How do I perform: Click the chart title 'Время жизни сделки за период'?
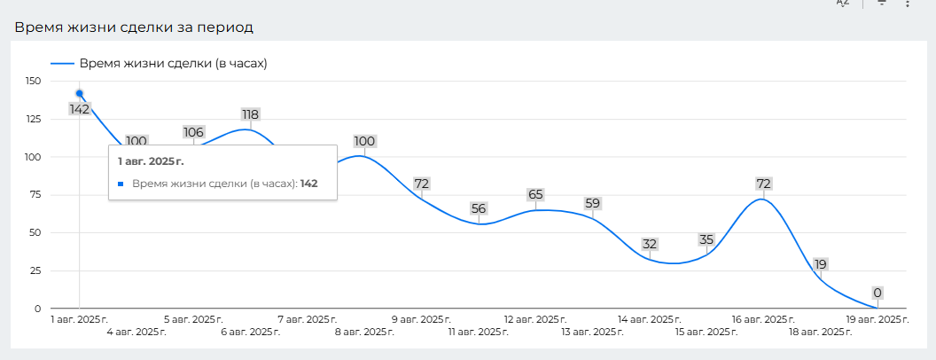tap(133, 27)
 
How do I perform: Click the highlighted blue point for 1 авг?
tap(80, 93)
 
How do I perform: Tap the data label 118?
tap(250, 114)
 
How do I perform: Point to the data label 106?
tap(193, 132)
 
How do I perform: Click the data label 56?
tap(479, 208)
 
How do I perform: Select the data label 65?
tap(535, 194)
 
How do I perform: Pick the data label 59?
tap(592, 203)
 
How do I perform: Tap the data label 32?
tap(650, 244)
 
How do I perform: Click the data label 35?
tap(706, 239)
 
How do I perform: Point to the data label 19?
tap(821, 264)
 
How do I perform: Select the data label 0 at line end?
tap(877, 293)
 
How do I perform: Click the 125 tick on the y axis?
tap(34, 120)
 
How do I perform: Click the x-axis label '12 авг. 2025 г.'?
tap(535, 319)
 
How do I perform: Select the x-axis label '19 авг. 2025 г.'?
tap(877, 319)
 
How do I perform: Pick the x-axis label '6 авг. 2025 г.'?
tap(250, 332)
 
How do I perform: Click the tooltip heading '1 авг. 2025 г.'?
tap(152, 161)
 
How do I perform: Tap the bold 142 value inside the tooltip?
tap(308, 184)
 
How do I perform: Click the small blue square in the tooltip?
tap(121, 184)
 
